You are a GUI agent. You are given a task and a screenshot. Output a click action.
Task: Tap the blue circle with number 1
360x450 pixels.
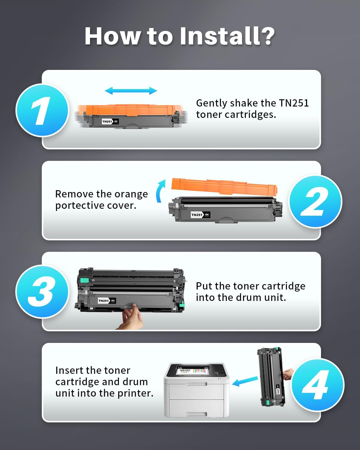42,110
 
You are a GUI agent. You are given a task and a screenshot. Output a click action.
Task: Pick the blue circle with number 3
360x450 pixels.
42,292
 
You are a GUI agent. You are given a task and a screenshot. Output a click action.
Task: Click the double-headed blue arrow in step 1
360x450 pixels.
131,91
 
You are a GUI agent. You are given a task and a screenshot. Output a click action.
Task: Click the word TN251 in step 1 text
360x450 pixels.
294,103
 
